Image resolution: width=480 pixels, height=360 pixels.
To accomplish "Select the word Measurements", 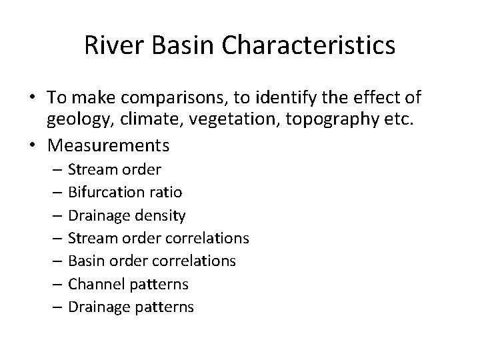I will coord(108,145).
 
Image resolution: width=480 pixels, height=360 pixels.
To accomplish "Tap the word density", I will coord(163,215).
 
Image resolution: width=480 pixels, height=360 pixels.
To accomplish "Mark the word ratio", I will coord(167,192).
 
